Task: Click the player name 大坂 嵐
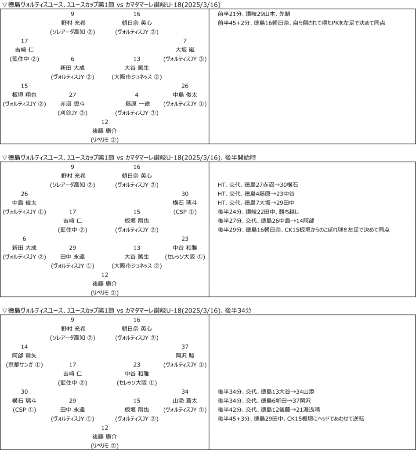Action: pos(185,50)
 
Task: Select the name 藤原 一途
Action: pos(137,104)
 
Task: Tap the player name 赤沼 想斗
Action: pos(72,104)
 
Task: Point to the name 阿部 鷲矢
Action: pos(24,355)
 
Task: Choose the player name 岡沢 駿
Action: pos(185,355)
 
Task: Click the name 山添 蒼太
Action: pos(185,401)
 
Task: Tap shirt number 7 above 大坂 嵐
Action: pos(185,40)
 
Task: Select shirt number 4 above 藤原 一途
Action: pos(137,94)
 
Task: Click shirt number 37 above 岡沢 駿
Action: pos(185,346)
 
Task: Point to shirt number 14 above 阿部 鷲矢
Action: pos(24,346)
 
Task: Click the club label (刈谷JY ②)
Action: pos(72,112)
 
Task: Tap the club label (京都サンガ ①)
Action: pos(24,364)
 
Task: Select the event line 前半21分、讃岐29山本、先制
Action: pos(253,14)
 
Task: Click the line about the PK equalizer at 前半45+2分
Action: pos(301,23)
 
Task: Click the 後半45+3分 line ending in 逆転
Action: pos(291,419)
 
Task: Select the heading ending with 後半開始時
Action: pos(120,157)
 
